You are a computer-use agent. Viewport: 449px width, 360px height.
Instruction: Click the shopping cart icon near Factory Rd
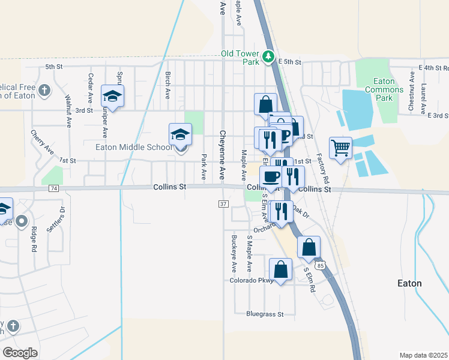[340, 147]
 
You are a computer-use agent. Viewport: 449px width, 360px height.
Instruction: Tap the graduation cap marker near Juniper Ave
[112, 95]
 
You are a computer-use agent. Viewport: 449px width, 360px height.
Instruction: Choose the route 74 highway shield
[55, 188]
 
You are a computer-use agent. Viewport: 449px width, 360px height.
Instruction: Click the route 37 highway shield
[223, 204]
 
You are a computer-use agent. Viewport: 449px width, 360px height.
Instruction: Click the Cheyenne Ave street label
[222, 155]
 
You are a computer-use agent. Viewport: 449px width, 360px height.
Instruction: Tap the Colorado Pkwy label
[250, 280]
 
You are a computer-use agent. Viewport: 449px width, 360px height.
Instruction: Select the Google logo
[20, 352]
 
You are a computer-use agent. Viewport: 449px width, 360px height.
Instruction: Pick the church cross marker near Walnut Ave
[43, 91]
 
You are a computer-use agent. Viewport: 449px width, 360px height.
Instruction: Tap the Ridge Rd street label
[34, 239]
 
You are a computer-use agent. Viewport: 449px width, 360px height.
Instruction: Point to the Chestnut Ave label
[411, 92]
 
